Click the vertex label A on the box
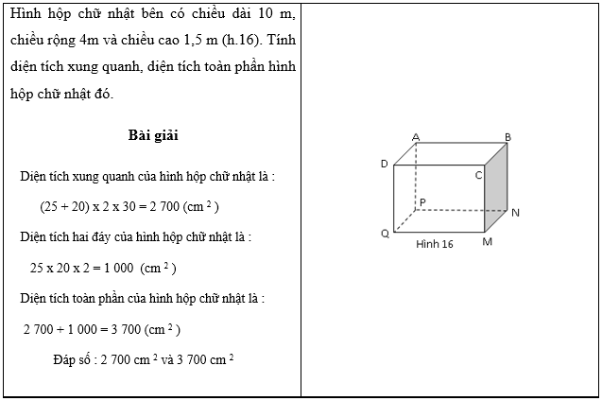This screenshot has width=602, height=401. [416, 137]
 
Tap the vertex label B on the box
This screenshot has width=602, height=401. [507, 137]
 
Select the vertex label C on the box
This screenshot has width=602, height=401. [478, 175]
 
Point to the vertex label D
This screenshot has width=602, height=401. [385, 164]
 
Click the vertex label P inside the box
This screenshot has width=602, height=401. [422, 201]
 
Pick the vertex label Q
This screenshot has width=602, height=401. [385, 233]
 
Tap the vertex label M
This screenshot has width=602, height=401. [488, 242]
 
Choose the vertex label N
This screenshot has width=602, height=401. [515, 213]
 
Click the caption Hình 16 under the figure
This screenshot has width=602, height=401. [435, 244]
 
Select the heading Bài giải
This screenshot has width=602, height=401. [154, 135]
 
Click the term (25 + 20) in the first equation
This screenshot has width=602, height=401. [64, 206]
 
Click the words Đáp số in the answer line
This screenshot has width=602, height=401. [76, 360]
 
